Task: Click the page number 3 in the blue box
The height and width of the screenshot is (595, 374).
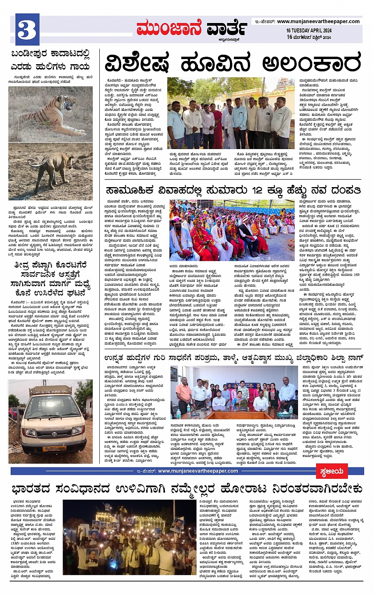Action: click(x=27, y=29)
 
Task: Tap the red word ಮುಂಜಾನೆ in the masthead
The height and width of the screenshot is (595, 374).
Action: click(x=169, y=29)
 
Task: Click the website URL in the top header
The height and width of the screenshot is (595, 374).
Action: click(x=318, y=21)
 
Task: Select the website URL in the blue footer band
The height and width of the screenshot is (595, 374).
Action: click(x=198, y=471)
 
